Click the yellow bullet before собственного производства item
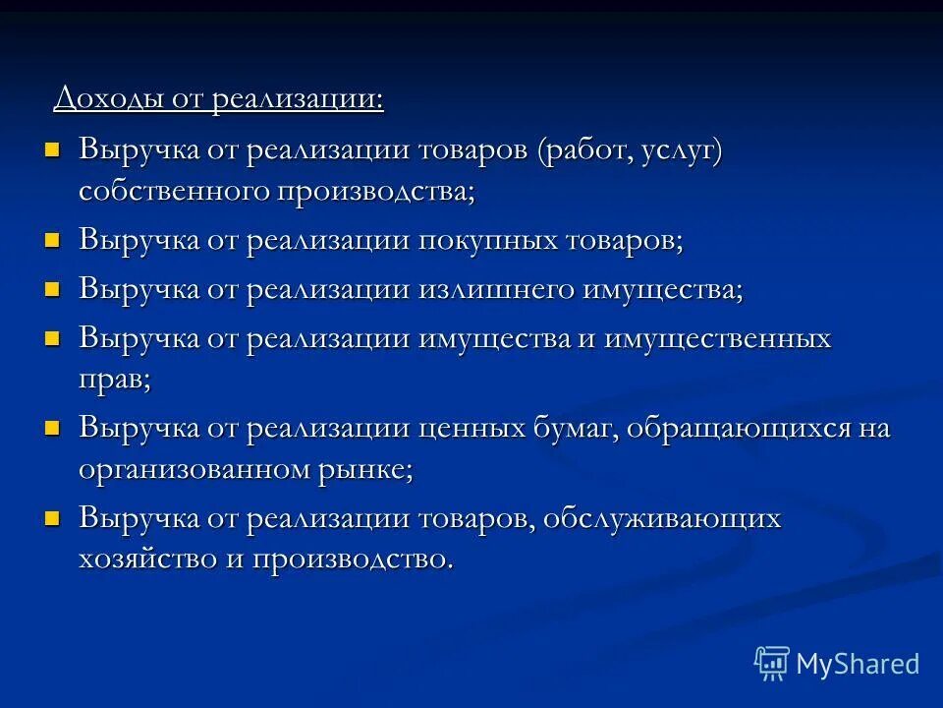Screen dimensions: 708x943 (53, 149)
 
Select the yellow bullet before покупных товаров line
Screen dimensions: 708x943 (53, 239)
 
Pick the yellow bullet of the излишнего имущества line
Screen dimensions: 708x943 (53, 289)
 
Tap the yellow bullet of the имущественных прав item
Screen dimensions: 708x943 (53, 338)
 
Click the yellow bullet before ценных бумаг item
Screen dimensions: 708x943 (53, 428)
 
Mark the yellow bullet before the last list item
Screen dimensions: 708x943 (53, 517)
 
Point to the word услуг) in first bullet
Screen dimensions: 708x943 (684, 152)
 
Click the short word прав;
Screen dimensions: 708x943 (115, 381)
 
